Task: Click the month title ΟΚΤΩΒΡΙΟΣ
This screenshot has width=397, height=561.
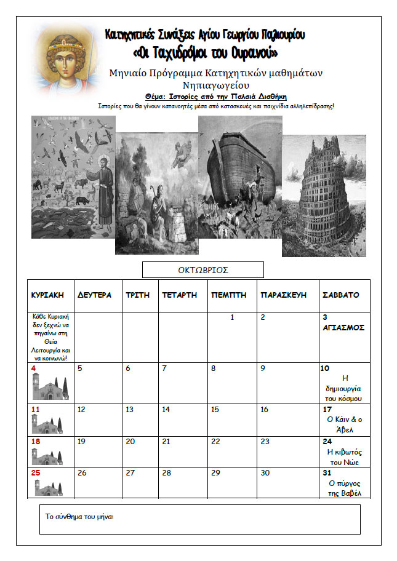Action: coord(203,270)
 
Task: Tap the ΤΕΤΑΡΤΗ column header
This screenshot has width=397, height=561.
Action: coord(179,295)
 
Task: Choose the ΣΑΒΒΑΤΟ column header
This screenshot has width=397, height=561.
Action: coord(341,295)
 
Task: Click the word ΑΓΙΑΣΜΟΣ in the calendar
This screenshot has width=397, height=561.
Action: coord(343,328)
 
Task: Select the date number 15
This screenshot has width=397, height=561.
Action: coord(215,410)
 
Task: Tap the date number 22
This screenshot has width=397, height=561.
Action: coord(215,442)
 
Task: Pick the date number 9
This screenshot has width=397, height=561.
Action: coord(263,369)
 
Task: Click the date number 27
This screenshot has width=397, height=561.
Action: coord(129,473)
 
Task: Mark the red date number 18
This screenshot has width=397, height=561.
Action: coord(36,442)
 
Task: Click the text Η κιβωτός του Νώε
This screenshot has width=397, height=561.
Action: coord(344,457)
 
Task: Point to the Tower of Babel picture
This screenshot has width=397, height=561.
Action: coord(324,196)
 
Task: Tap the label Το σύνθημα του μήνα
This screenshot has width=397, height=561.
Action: coord(80,517)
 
